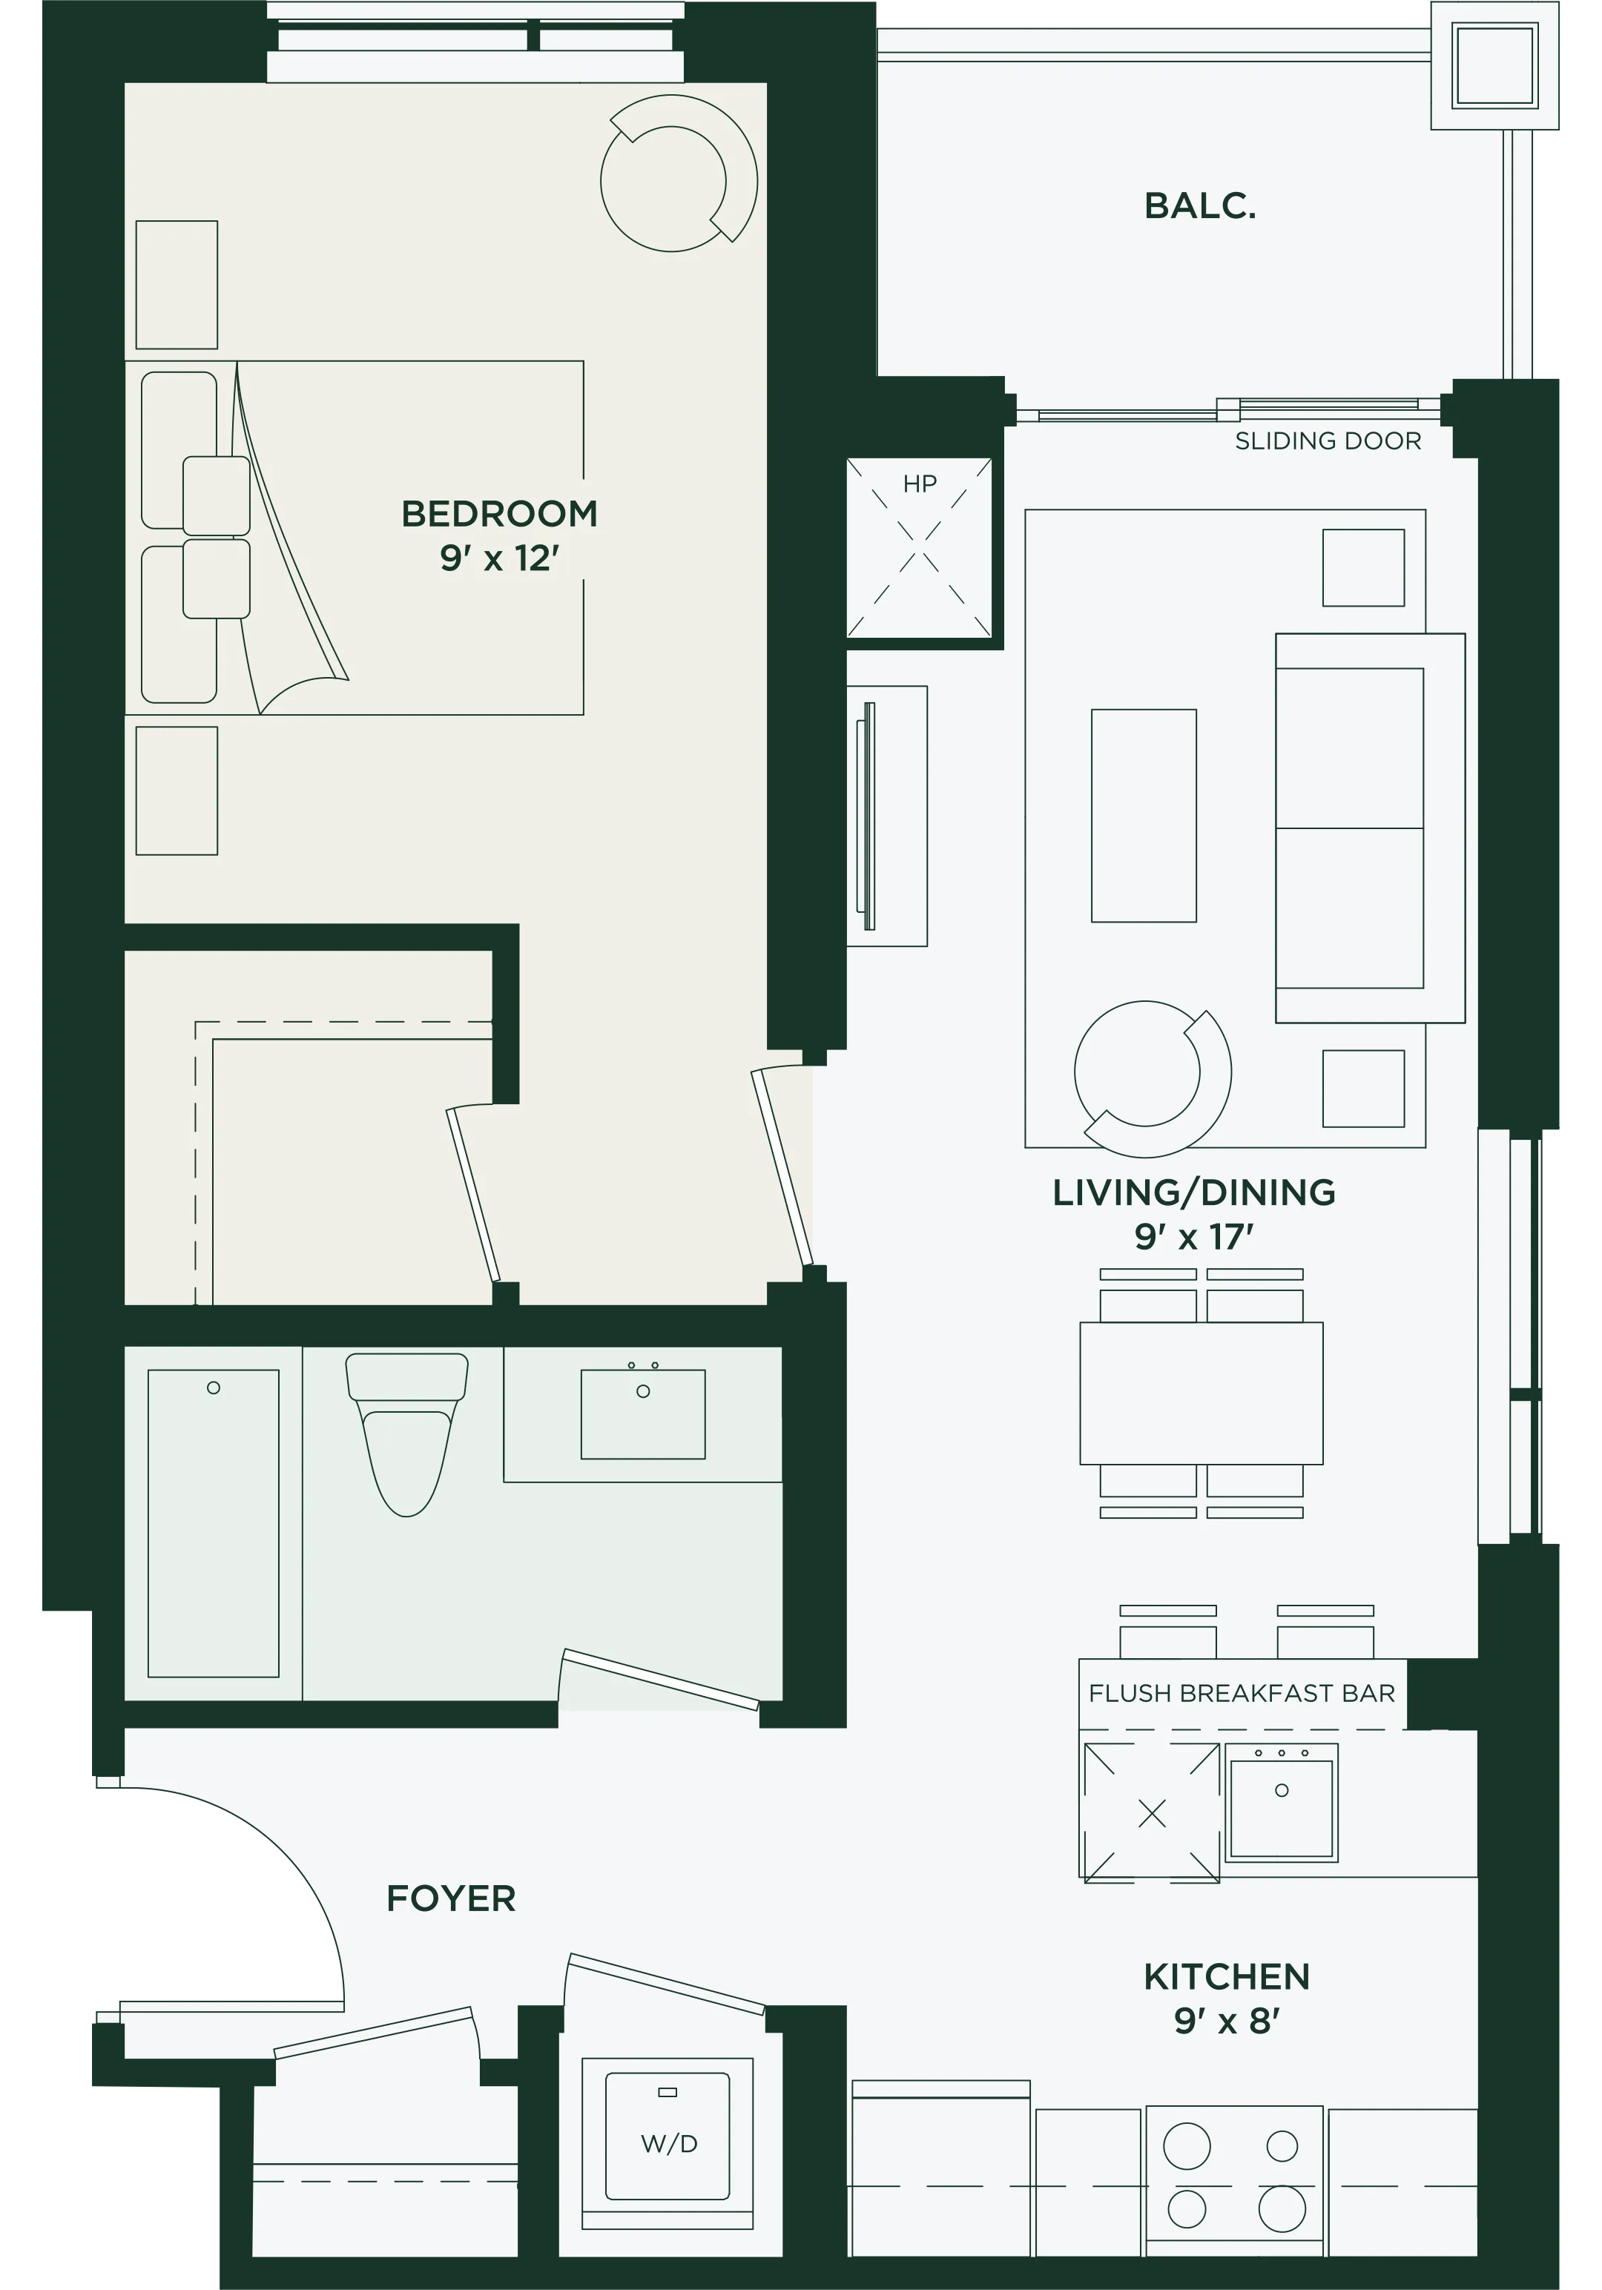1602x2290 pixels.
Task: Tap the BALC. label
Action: coord(1199,205)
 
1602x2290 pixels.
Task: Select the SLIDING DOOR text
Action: coord(1328,440)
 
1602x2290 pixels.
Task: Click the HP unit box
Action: coord(919,547)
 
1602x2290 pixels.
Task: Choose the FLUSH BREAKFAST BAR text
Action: coord(1241,1694)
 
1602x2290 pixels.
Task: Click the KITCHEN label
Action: coord(1226,1977)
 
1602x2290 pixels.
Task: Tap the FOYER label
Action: coord(451,1898)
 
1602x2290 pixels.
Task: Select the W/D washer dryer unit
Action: coord(667,2142)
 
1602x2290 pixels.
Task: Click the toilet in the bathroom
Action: coord(407,1431)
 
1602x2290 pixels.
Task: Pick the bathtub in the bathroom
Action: coord(214,1523)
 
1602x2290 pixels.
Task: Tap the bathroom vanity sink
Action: coord(643,1413)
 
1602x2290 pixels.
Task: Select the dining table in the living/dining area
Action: coord(1201,1393)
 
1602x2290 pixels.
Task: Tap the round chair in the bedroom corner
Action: coord(679,174)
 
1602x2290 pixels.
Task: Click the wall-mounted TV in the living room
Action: coord(868,816)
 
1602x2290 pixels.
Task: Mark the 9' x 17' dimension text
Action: coord(1193,1237)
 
